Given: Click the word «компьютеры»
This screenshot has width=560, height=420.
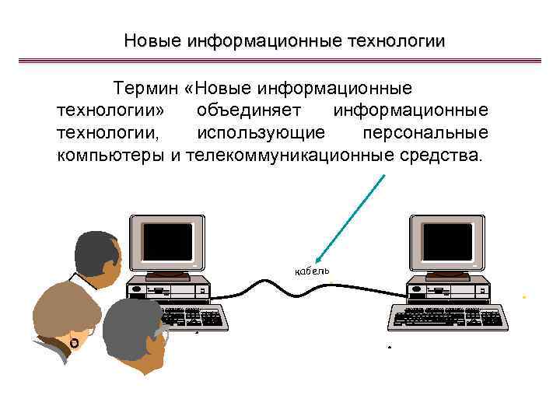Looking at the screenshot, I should (x=111, y=155).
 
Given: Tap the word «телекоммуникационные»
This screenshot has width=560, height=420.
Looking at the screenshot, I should (x=286, y=155).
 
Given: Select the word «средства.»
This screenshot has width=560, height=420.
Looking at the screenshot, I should (x=437, y=155).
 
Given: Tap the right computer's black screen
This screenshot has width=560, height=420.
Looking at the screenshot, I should (x=447, y=241).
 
